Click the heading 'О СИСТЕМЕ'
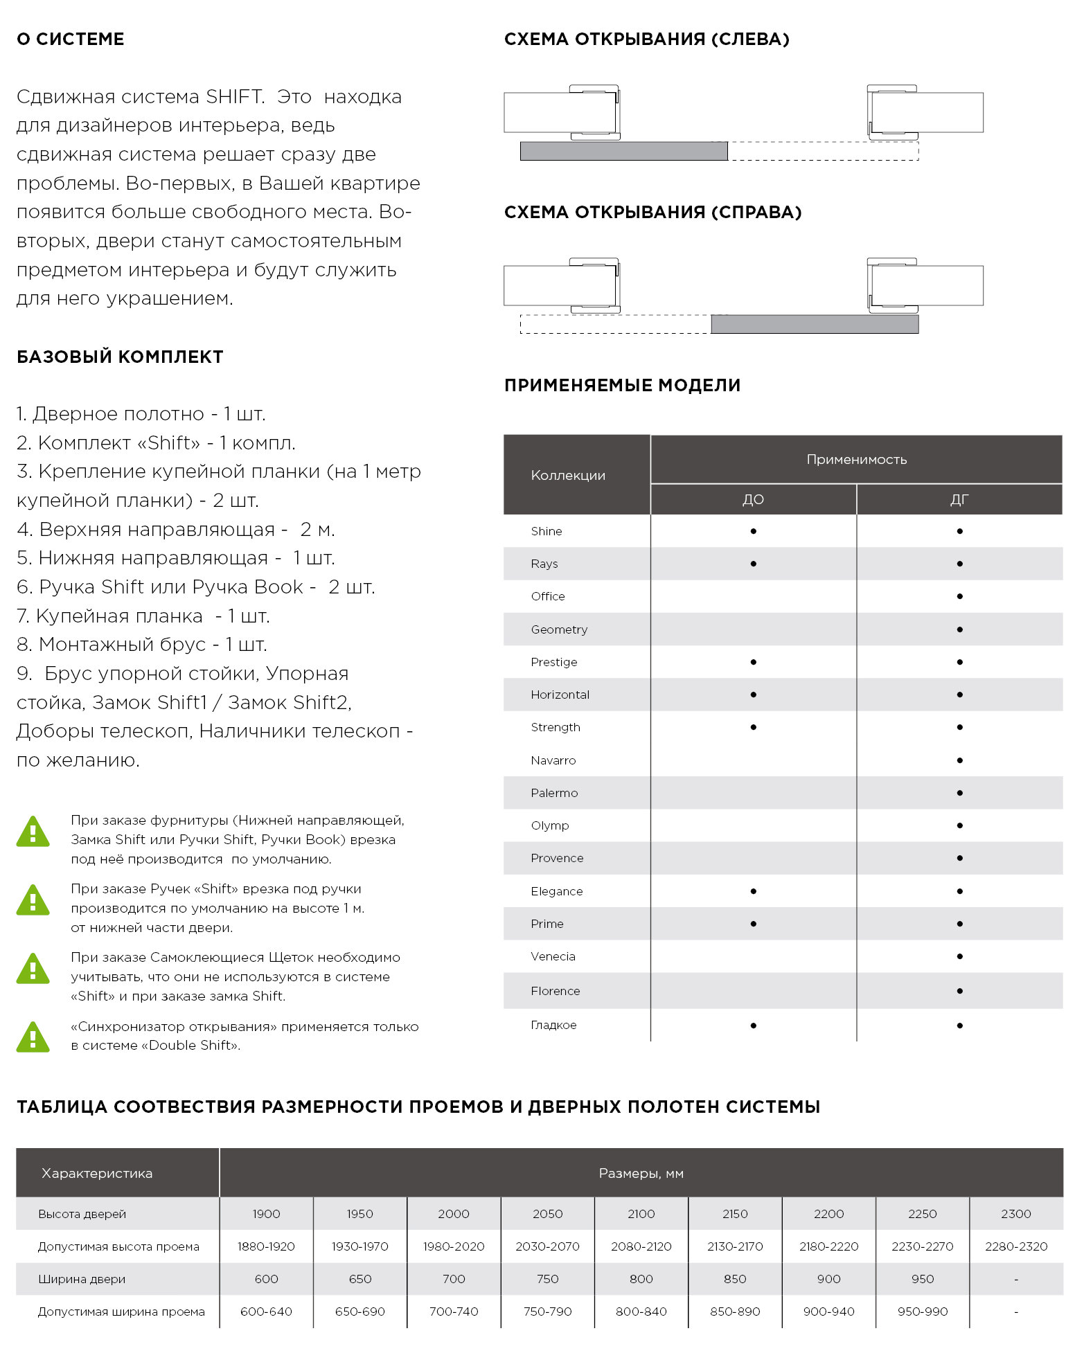tap(70, 39)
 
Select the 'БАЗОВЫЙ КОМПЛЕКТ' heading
tap(120, 357)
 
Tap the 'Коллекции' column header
tap(568, 475)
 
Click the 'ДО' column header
tap(753, 499)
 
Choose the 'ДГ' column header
tap(959, 499)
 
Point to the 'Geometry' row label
tap(559, 629)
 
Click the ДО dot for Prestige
tap(753, 662)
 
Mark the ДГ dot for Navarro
tap(959, 760)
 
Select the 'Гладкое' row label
tap(553, 1025)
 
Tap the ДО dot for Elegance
tap(753, 891)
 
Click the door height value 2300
tap(1015, 1214)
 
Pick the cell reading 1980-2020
tap(454, 1246)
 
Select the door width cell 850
tap(735, 1279)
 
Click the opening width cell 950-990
tap(922, 1312)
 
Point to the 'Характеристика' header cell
tap(97, 1173)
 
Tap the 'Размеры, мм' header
tap(641, 1173)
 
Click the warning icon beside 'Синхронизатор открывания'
tap(33, 1037)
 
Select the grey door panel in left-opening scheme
tap(623, 151)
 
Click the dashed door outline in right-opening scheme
tap(615, 324)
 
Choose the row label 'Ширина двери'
tap(82, 1279)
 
